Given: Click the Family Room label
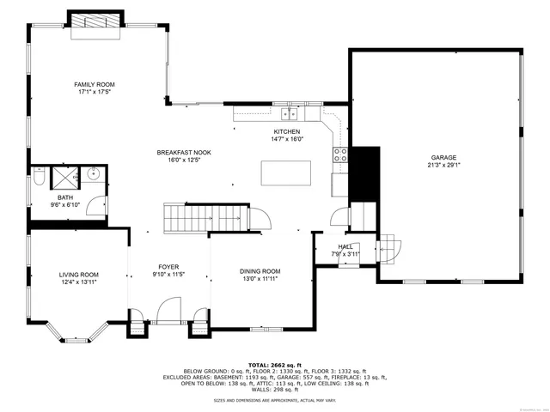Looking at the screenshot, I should click(95, 84).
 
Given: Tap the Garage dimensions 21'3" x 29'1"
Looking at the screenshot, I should click(443, 166).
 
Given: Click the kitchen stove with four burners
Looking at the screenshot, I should click(341, 155).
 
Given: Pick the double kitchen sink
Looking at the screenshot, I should click(290, 112).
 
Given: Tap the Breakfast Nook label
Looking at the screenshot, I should click(184, 152).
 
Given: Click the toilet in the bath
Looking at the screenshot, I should click(40, 179).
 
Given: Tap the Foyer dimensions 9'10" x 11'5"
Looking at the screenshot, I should click(168, 275).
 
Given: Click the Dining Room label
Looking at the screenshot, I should click(260, 271).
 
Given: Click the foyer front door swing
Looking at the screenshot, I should click(168, 309).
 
